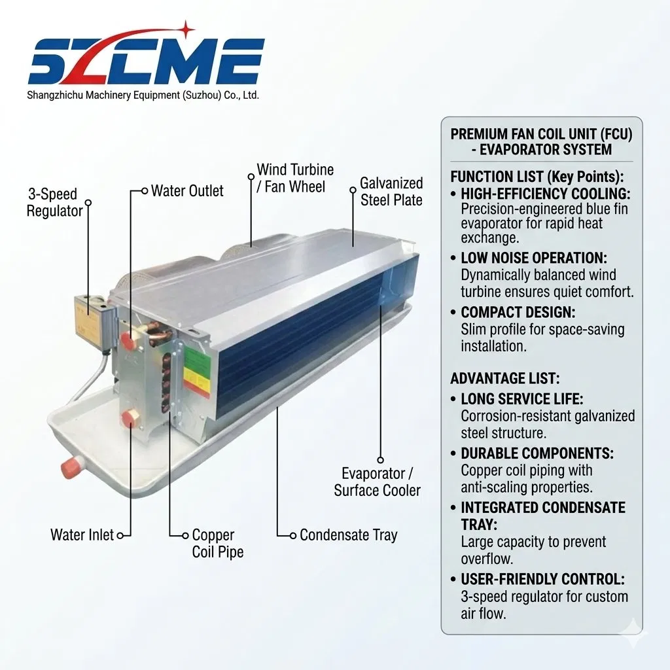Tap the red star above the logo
coord(185,29)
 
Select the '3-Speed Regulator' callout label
coord(54,203)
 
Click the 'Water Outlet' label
coord(187,191)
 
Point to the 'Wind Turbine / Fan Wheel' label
coord(295,178)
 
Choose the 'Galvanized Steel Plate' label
coord(391,192)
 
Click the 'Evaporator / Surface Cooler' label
coord(378,482)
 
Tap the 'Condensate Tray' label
coord(349,535)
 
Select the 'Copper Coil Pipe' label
coord(217,543)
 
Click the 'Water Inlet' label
coord(82,535)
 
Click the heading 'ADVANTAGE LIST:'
coord(504,379)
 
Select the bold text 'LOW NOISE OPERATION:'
coord(534,258)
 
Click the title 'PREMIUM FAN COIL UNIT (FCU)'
coord(541,134)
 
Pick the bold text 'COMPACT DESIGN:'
coord(518,312)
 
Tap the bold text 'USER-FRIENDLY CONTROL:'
coord(542,580)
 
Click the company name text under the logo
coord(143,96)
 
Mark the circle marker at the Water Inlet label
coord(120,535)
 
